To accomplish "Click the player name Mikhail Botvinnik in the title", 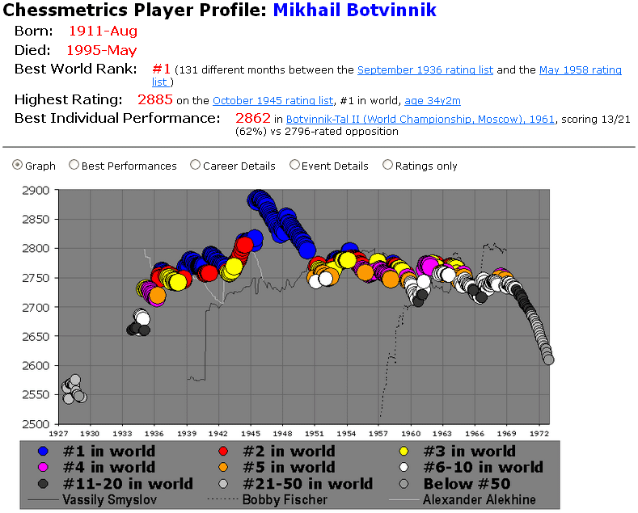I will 354,10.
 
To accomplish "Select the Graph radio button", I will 18,165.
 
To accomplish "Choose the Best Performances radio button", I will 74,165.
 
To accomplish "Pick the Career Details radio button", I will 195,165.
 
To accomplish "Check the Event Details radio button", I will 294,165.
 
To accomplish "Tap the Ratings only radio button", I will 388,165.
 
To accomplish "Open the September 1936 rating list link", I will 425,70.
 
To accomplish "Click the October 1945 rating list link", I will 273,101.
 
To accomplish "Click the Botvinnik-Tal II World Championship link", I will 420,119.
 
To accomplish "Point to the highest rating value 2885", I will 155,100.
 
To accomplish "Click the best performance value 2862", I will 252,118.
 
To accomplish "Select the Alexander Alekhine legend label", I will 480,500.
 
